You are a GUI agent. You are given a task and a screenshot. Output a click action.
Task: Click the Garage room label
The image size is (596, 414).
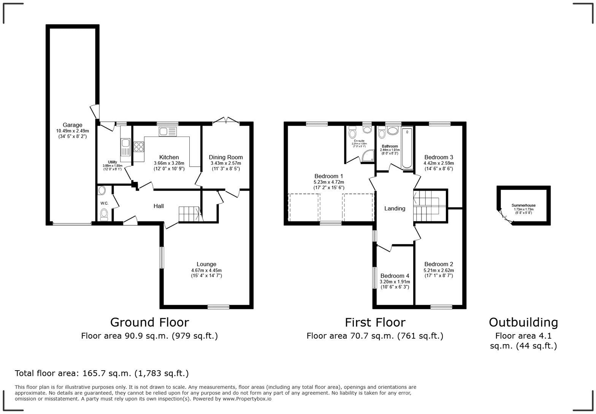[x=72, y=125]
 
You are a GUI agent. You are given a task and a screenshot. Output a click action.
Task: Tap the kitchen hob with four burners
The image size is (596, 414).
[x=139, y=147]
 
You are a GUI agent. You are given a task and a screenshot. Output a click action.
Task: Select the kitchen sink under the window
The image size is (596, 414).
[x=168, y=132]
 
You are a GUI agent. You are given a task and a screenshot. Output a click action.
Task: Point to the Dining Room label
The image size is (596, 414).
[x=225, y=157]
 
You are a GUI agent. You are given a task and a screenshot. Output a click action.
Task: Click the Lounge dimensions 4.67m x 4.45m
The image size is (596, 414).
[x=206, y=271]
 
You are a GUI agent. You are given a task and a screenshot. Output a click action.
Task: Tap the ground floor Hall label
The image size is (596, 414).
[x=159, y=206]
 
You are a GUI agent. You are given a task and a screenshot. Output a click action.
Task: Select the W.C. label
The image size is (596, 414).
[x=105, y=204]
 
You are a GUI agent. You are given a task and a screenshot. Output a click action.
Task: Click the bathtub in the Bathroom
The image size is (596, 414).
[x=407, y=148]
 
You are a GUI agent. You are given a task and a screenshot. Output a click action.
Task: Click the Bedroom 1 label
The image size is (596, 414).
[x=329, y=176]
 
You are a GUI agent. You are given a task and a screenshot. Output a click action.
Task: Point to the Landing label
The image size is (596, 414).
[x=395, y=209]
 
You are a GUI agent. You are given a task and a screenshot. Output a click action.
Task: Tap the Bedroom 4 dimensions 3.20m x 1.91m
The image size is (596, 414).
[x=395, y=282]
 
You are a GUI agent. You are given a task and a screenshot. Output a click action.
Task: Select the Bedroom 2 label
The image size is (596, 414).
[x=439, y=264]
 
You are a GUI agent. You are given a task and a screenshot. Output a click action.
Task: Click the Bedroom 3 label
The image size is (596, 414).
[x=439, y=157]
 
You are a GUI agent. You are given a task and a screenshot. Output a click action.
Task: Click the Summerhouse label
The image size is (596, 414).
[x=523, y=205]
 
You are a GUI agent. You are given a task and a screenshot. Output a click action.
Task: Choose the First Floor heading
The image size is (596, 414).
[x=375, y=322]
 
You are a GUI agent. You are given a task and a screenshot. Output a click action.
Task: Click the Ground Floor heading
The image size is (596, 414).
[x=149, y=322]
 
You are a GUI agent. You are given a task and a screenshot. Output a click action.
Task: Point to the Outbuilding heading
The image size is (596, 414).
[x=523, y=322]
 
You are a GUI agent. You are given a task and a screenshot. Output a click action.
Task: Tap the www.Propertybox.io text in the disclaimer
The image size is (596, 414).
[x=247, y=399]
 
